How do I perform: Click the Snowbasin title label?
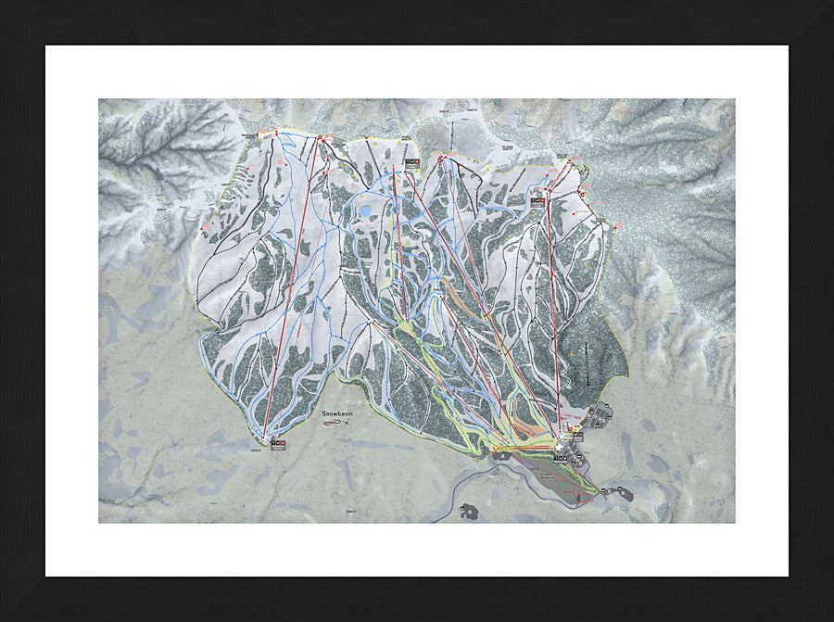(x=338, y=413)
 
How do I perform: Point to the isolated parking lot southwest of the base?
(x=469, y=511)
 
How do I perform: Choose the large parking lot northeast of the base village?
(x=598, y=414)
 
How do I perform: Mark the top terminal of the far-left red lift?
(x=319, y=138)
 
